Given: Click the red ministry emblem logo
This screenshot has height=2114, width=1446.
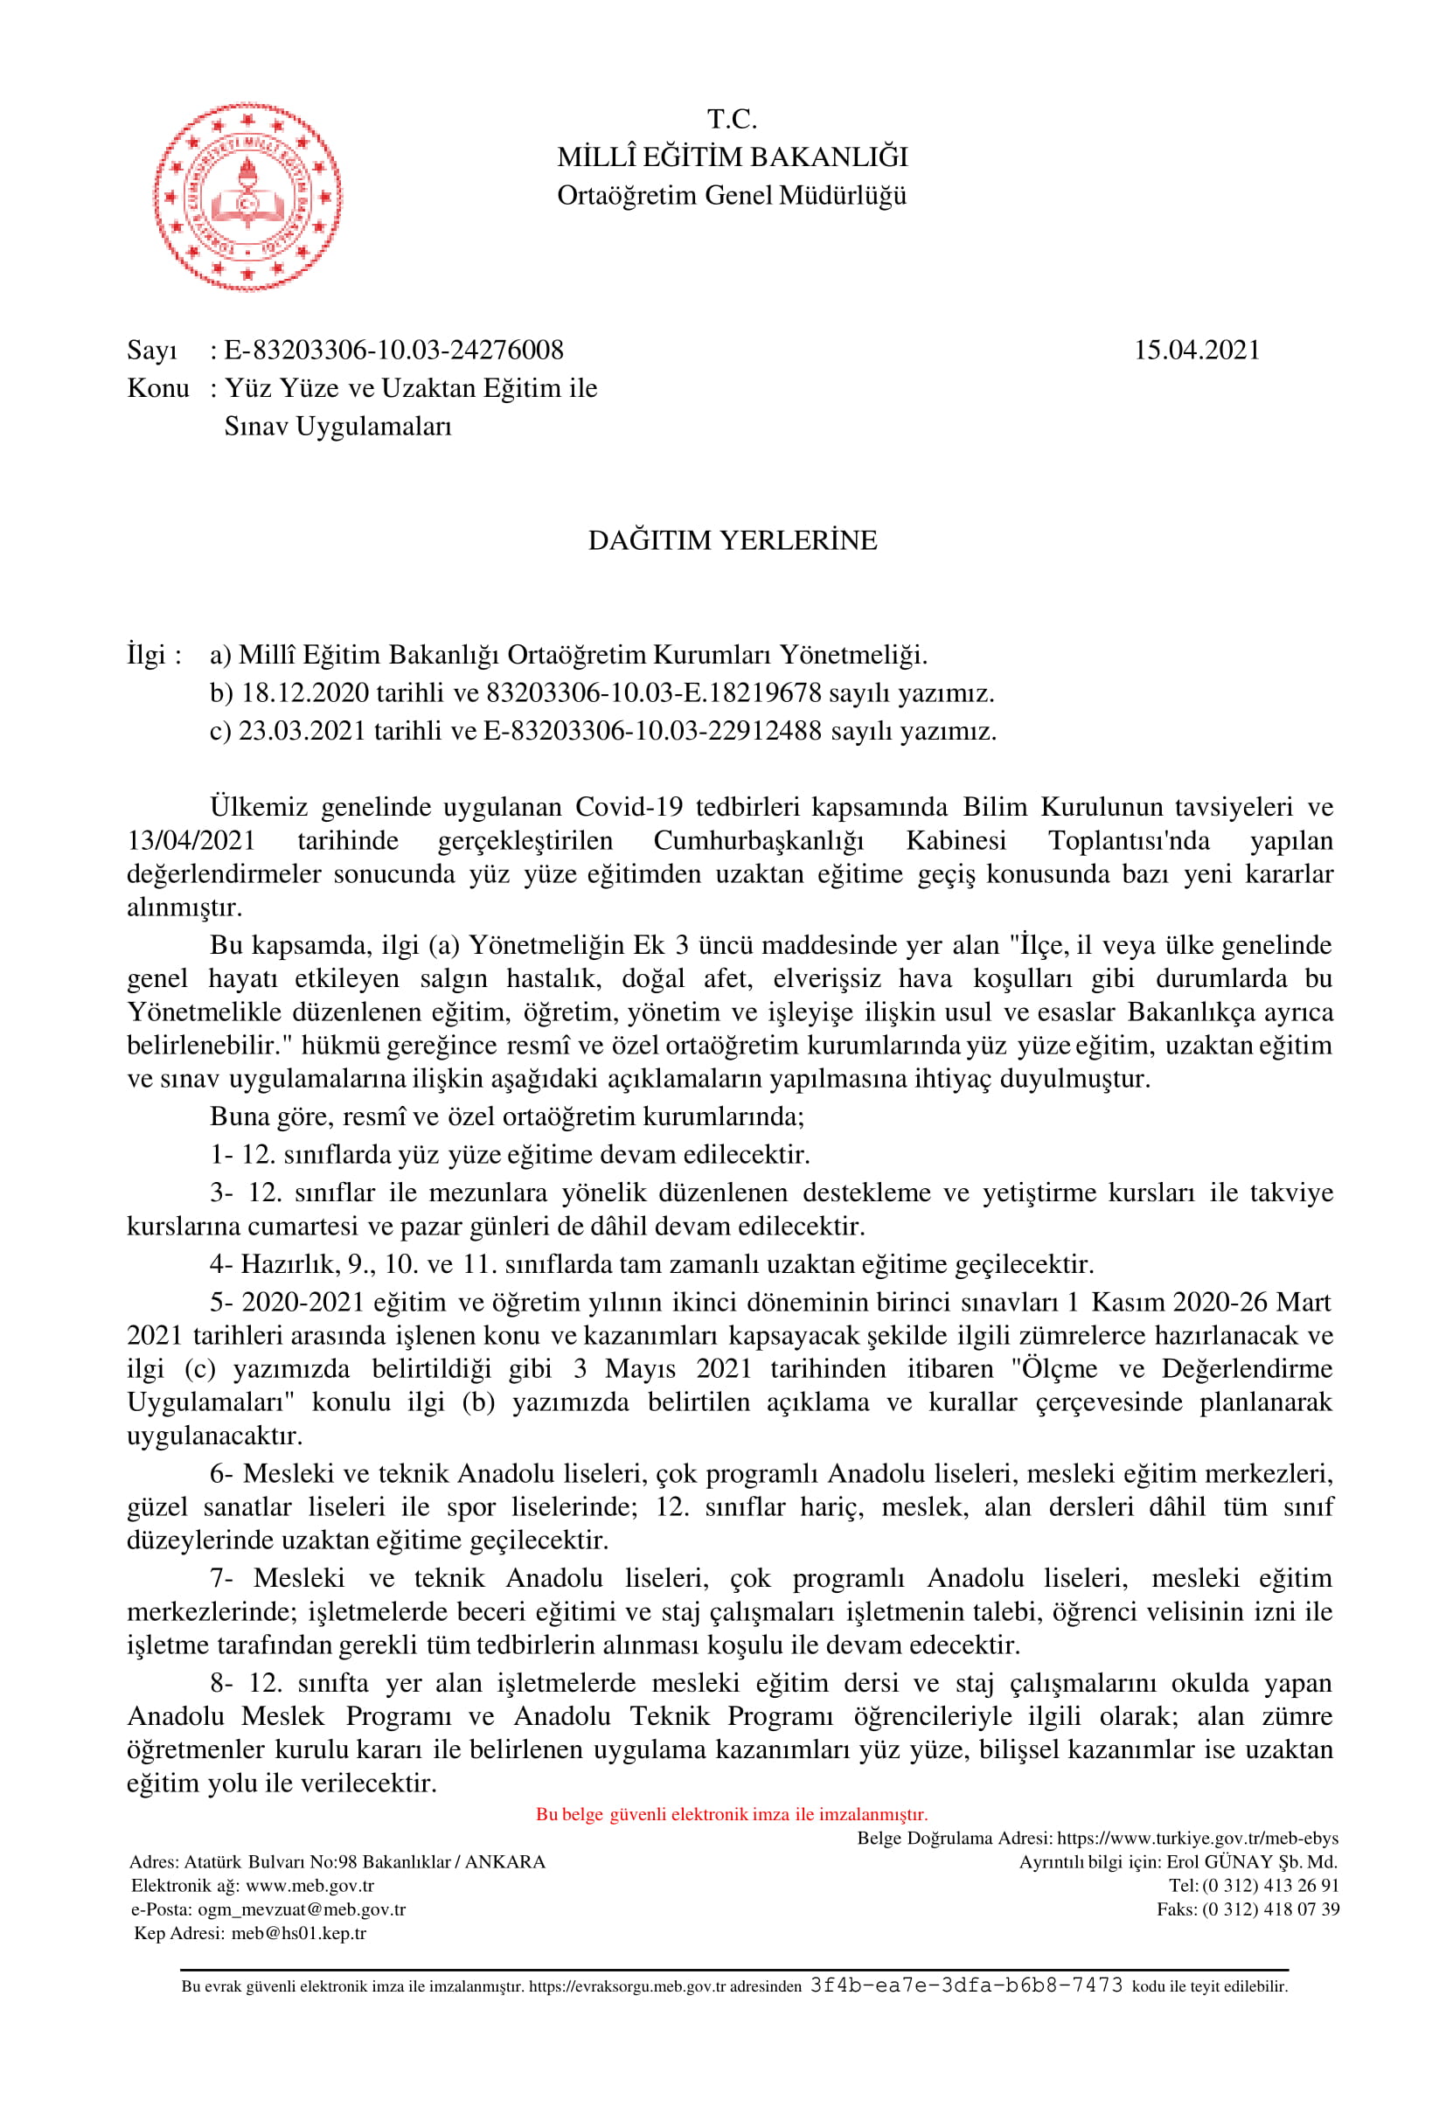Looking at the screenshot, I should tap(247, 196).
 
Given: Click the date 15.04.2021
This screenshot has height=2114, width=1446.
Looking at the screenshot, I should tap(1196, 351).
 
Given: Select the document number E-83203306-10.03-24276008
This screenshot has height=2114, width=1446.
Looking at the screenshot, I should tap(393, 351).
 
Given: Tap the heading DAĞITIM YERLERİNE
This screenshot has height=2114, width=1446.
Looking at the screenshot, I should tap(732, 540).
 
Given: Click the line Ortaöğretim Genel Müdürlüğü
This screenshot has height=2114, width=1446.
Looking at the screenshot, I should tap(732, 196).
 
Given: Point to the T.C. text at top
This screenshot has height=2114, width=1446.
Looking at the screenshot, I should tap(732, 119).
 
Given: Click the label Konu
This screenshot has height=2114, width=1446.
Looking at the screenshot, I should tap(158, 388).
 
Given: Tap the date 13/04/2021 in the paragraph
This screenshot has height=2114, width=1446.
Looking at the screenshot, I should tap(191, 840).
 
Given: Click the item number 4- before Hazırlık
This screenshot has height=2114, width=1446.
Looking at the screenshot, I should tap(222, 1264).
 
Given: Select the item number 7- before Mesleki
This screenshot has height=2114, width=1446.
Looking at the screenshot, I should tap(222, 1578).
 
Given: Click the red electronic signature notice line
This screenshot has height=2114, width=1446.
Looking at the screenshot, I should tap(731, 1815).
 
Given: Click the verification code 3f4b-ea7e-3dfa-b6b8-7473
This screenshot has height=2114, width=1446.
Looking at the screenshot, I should tap(966, 1985).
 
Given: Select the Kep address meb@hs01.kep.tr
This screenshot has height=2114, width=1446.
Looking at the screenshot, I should tap(298, 1933).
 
